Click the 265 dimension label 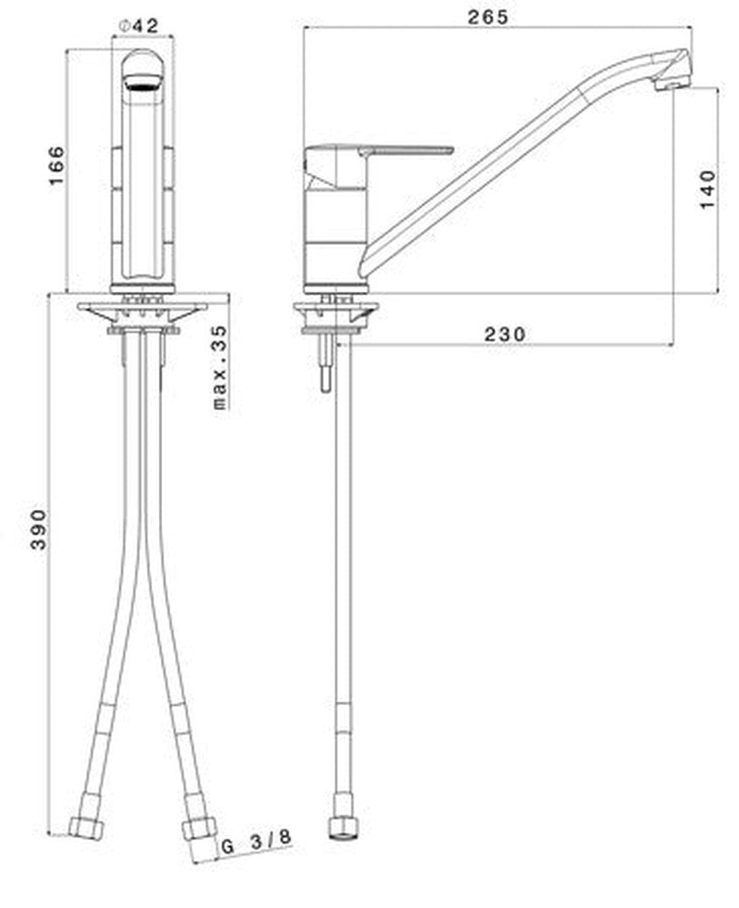click(x=488, y=17)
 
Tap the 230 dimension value click(x=505, y=334)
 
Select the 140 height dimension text click(x=707, y=189)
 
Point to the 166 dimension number click(x=57, y=166)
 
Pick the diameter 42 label click(x=139, y=26)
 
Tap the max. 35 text click(x=220, y=368)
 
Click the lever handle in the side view click(x=405, y=150)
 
